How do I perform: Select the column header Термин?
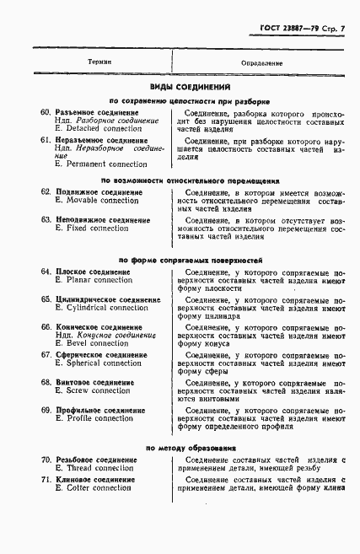99,63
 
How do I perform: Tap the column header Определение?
261,63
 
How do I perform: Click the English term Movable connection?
96,201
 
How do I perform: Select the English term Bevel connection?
93,343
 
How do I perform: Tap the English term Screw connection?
93,390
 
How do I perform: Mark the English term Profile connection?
94,418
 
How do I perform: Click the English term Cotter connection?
94,487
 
